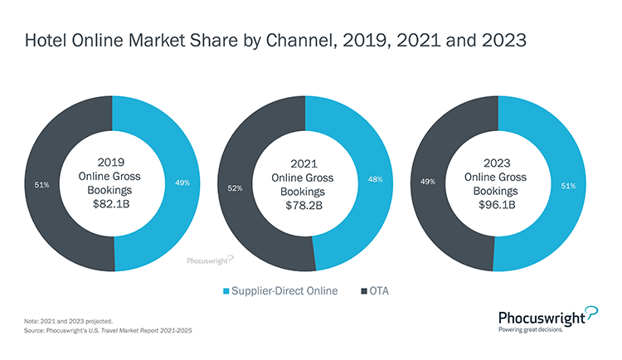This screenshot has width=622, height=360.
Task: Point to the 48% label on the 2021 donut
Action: [x=374, y=178]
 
